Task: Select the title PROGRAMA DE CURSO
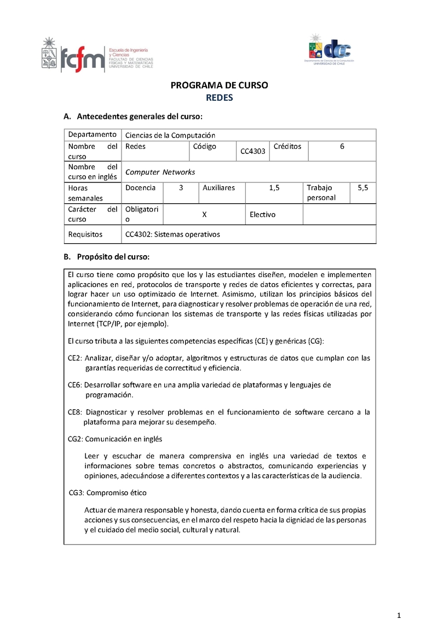[x=219, y=85]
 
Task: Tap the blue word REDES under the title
[x=219, y=98]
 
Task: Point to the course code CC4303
[x=253, y=151]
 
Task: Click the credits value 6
[x=342, y=147]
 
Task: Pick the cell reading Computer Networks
[x=160, y=172]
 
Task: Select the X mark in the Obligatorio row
[x=204, y=214]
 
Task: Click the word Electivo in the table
[x=262, y=214]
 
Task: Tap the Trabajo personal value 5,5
[x=362, y=187]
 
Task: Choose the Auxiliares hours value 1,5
[x=274, y=187]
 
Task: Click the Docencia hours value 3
[x=181, y=187]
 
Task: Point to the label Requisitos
[x=85, y=234]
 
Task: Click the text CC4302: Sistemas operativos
[x=172, y=234]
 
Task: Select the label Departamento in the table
[x=92, y=135]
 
